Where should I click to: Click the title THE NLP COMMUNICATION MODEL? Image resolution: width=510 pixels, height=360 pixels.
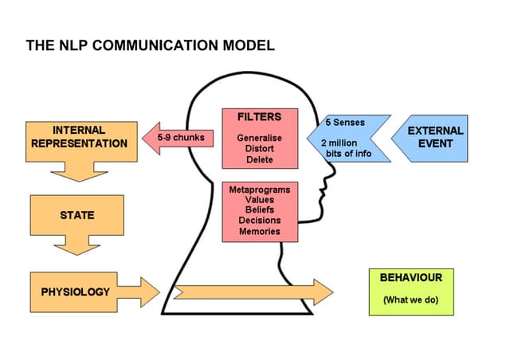coord(151,45)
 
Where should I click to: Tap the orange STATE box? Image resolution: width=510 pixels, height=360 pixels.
coord(78,215)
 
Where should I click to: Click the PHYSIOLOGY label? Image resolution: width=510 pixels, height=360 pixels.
coord(76,292)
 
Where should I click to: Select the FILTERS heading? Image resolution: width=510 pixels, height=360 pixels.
coord(259,117)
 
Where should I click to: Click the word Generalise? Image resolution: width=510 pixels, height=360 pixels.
coord(259,138)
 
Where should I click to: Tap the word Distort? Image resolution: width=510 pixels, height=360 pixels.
coord(259,149)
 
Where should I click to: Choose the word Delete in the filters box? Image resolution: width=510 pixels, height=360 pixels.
coord(259,159)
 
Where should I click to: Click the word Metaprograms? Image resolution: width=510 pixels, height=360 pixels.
coord(259,190)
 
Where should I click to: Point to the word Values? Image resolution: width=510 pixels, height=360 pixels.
coord(259,201)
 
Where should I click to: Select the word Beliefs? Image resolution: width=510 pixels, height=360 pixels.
coord(259,211)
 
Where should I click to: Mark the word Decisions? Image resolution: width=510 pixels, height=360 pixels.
coord(259,221)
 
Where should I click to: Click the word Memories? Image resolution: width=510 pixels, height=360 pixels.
coord(259,232)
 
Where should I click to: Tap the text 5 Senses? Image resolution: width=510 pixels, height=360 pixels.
coord(345,124)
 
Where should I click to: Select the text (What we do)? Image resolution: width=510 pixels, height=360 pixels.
coord(410,300)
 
